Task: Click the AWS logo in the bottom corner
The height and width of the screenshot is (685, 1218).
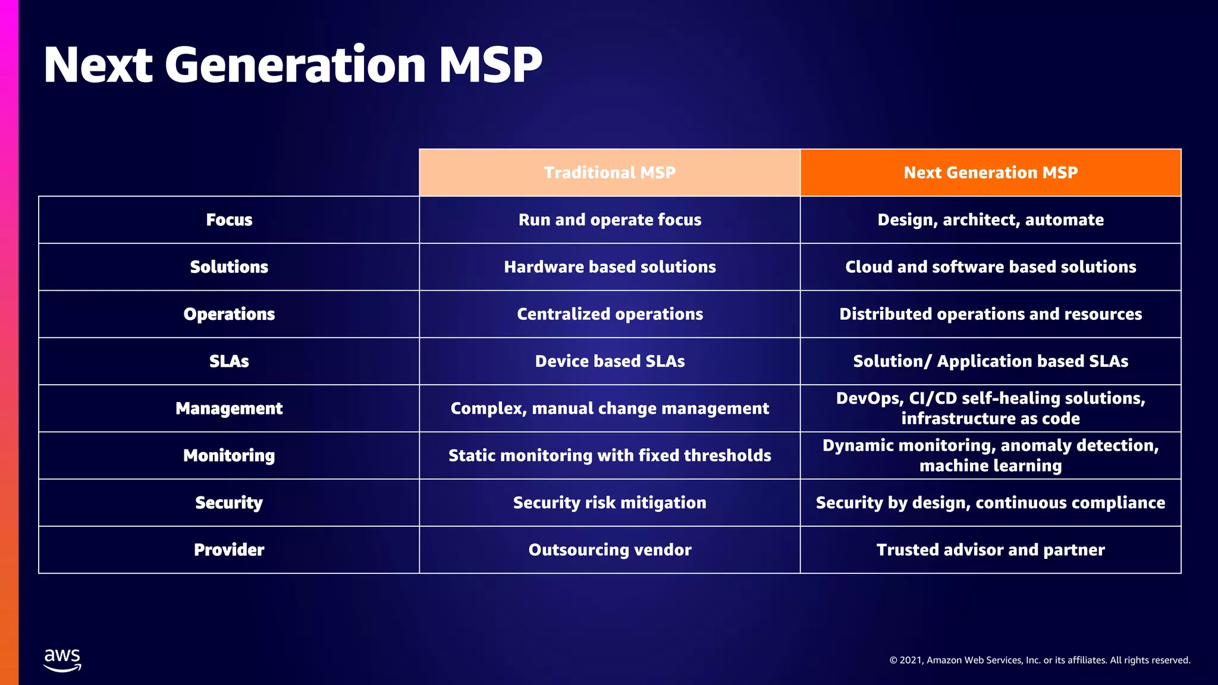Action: pos(62,660)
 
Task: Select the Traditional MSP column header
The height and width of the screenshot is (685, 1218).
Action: pos(610,172)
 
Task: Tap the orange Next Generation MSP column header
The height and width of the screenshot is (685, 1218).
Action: pos(990,172)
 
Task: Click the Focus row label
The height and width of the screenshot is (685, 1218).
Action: pos(229,220)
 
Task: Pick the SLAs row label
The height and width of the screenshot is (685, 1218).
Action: pos(229,361)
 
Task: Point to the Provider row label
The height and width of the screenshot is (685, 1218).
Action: pos(229,549)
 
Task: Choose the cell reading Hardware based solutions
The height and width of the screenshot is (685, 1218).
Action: pos(610,267)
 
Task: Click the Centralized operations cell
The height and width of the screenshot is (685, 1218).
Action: pos(610,314)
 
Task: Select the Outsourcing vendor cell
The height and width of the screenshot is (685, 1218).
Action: pos(610,549)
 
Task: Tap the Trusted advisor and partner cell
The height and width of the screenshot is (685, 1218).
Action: pos(990,549)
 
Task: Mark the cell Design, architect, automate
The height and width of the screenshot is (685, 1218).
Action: pos(990,220)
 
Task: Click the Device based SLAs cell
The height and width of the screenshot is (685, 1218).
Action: pos(610,361)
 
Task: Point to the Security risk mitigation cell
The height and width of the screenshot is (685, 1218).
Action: pos(610,502)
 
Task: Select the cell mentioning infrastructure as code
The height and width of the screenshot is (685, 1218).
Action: pos(990,409)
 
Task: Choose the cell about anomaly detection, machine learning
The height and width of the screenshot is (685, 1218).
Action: pos(990,455)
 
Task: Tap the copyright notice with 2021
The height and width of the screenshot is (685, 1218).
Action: pos(1039,660)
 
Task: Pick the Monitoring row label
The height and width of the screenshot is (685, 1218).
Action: pos(229,455)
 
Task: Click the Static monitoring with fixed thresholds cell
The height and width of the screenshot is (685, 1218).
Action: pos(610,455)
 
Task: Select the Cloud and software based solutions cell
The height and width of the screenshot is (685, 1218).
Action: pos(990,267)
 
